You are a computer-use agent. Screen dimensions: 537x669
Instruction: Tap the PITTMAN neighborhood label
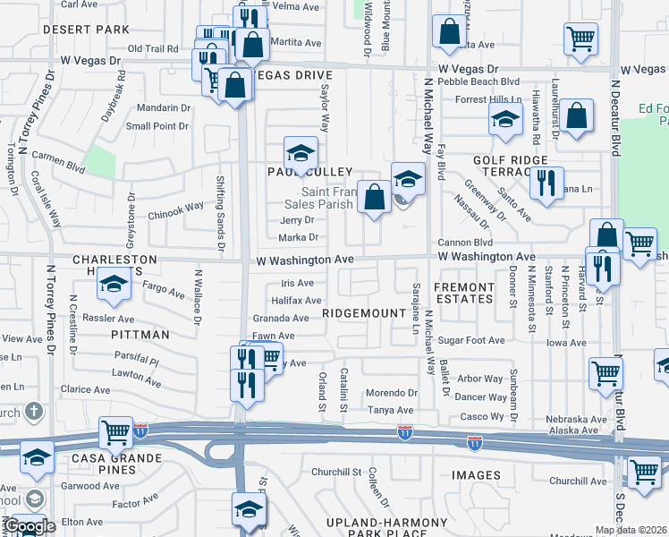click(140, 335)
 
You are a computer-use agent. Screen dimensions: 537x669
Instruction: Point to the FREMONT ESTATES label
click(463, 293)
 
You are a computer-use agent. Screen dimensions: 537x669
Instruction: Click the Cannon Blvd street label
click(465, 243)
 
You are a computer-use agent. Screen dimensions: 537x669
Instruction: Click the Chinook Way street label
click(175, 210)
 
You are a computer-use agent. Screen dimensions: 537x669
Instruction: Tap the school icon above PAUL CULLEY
click(301, 150)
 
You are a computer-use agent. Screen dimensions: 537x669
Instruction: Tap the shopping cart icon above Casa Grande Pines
click(116, 432)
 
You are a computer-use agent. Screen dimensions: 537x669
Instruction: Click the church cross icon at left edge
click(33, 412)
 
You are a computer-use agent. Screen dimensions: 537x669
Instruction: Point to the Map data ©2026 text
click(631, 530)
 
